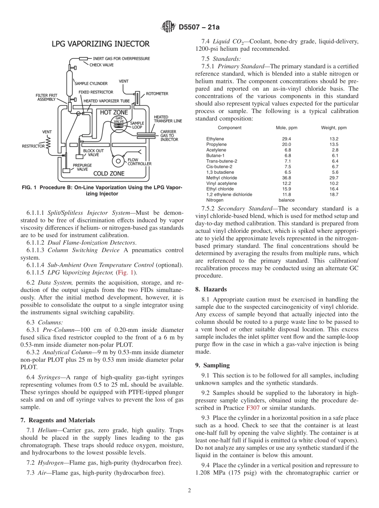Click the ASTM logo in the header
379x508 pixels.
pos(168,27)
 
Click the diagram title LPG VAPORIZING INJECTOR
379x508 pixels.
pos(101,44)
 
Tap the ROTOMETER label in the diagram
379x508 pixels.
pos(157,93)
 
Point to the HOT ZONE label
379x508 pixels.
pos(114,113)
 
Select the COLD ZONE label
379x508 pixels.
pos(109,173)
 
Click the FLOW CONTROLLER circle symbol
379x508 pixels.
pos(118,161)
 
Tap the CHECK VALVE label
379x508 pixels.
pos(103,65)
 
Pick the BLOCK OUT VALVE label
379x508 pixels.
pos(93,153)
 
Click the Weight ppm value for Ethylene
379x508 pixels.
pos(334,139)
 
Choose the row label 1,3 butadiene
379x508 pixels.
pos(220,172)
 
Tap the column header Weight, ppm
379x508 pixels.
pos(334,128)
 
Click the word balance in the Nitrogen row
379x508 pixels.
pos(286,200)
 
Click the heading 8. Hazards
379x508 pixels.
pos(211,289)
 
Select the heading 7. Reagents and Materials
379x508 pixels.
pos(58,420)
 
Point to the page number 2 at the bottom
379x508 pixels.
pos(189,490)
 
